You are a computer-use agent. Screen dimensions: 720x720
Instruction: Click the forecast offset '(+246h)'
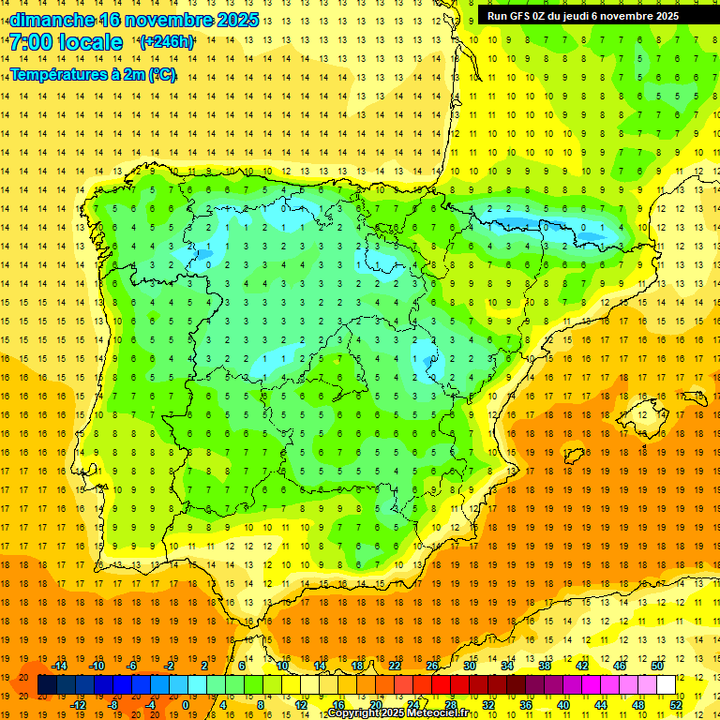(167, 42)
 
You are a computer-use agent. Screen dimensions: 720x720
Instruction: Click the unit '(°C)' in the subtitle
(161, 75)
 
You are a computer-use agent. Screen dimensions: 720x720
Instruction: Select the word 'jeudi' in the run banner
(584, 16)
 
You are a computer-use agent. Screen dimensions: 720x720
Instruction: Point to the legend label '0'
(186, 705)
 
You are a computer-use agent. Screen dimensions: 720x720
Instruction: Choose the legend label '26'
(432, 666)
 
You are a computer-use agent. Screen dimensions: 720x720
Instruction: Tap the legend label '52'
(677, 705)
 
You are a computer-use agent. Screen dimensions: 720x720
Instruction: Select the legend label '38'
(544, 666)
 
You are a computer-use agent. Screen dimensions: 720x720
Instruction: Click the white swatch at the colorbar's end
(666, 685)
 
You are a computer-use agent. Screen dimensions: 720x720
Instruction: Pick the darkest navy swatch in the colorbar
(47, 685)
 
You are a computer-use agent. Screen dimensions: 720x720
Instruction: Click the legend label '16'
(337, 705)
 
